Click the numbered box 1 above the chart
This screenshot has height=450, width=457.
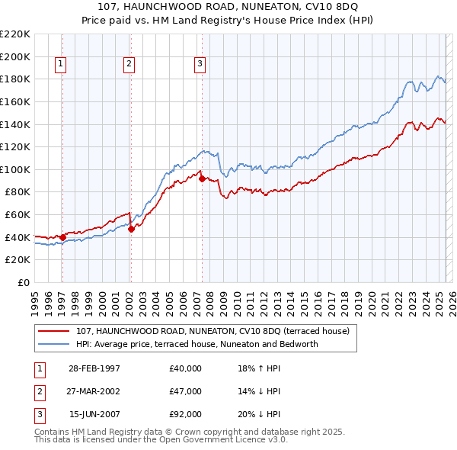click(59, 65)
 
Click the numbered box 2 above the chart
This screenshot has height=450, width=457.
click(129, 65)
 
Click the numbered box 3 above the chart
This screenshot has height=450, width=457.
click(200, 65)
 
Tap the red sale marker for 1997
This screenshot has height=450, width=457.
click(62, 237)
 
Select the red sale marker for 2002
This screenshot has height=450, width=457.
click(131, 229)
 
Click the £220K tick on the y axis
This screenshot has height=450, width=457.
click(16, 34)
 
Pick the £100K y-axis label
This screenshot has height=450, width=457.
click(16, 169)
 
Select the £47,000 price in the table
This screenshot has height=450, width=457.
click(186, 391)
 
